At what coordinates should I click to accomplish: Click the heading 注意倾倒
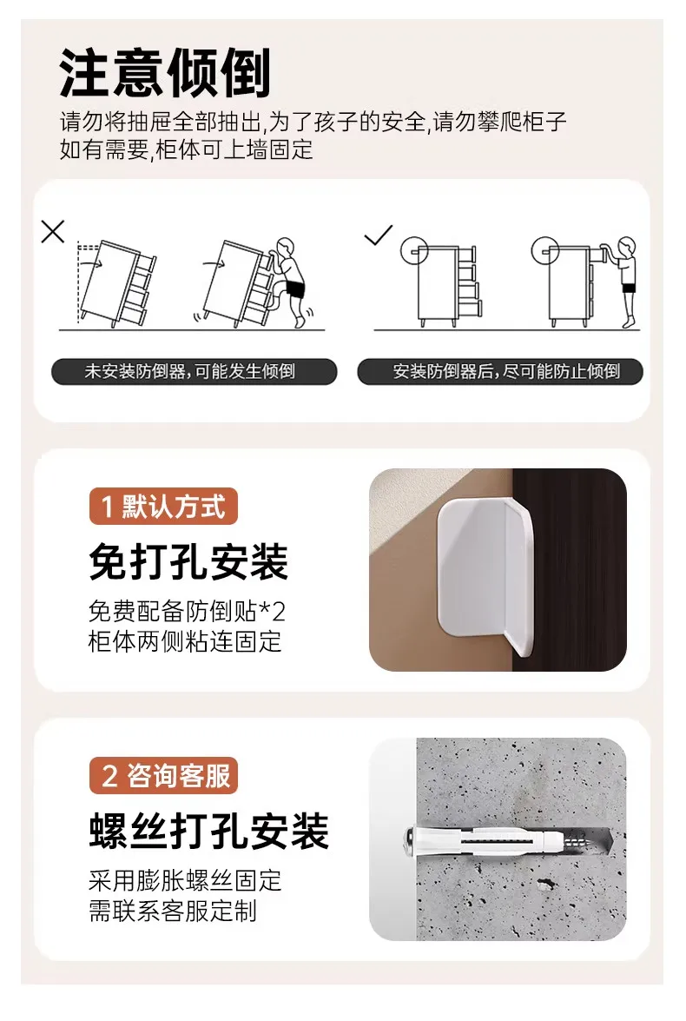tap(165, 73)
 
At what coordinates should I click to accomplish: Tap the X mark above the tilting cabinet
tap(53, 232)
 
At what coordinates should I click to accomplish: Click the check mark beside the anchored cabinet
tap(378, 235)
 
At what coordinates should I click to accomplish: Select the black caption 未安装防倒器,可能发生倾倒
tap(194, 371)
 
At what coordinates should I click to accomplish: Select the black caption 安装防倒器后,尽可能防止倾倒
tap(500, 371)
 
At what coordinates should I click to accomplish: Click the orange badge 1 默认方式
tap(163, 506)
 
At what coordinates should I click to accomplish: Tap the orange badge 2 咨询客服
tap(163, 775)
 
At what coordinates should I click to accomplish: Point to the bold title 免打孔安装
tap(188, 562)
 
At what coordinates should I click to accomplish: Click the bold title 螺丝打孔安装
tap(209, 832)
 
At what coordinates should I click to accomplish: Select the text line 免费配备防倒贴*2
tap(187, 612)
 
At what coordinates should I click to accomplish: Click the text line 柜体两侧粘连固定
tap(185, 641)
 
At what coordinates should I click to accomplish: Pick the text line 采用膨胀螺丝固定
tap(185, 880)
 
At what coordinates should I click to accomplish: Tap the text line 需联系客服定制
tap(173, 911)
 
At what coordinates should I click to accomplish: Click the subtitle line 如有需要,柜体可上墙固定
tap(186, 149)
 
